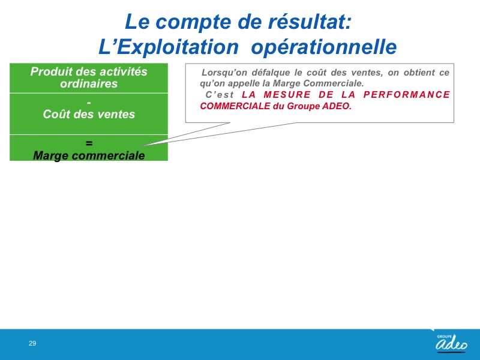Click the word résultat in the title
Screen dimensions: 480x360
point(310,22)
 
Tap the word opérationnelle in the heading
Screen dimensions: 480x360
point(324,48)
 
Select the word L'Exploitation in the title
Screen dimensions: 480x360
point(169,47)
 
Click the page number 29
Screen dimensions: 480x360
point(32,343)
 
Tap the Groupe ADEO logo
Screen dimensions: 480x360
point(451,343)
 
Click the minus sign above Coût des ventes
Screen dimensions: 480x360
point(89,103)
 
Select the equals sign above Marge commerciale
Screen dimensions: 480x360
point(89,143)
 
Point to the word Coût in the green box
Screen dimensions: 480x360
point(55,114)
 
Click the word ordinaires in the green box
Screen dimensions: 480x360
point(89,83)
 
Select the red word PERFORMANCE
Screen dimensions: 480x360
point(407,95)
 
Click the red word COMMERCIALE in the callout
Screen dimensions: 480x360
point(235,106)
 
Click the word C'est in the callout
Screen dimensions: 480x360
point(220,95)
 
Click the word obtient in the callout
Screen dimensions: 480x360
point(419,73)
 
